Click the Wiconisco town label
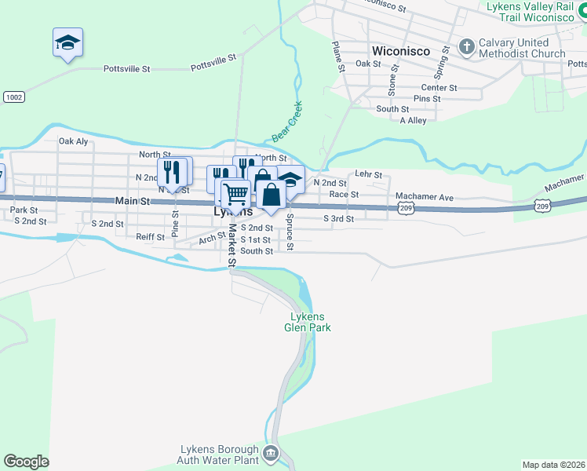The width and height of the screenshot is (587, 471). pyautogui.click(x=400, y=50)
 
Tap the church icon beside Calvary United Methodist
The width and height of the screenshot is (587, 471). pyautogui.click(x=466, y=46)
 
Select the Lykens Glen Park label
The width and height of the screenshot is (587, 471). pyautogui.click(x=308, y=322)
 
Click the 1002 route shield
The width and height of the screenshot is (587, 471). pyautogui.click(x=13, y=97)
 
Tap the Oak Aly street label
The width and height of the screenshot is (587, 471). pyautogui.click(x=73, y=141)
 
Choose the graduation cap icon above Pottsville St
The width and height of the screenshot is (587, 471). pyautogui.click(x=68, y=42)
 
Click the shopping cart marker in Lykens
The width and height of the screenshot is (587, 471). pyautogui.click(x=235, y=192)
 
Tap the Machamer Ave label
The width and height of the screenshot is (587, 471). pyautogui.click(x=425, y=196)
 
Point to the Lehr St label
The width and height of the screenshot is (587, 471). pyautogui.click(x=368, y=174)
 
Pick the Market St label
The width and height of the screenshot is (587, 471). pyautogui.click(x=232, y=246)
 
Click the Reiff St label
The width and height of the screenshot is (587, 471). pyautogui.click(x=149, y=236)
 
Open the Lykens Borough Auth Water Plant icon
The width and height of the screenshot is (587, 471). pyautogui.click(x=270, y=452)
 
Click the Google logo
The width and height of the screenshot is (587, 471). pyautogui.click(x=26, y=462)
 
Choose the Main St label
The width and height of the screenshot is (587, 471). pyautogui.click(x=132, y=202)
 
